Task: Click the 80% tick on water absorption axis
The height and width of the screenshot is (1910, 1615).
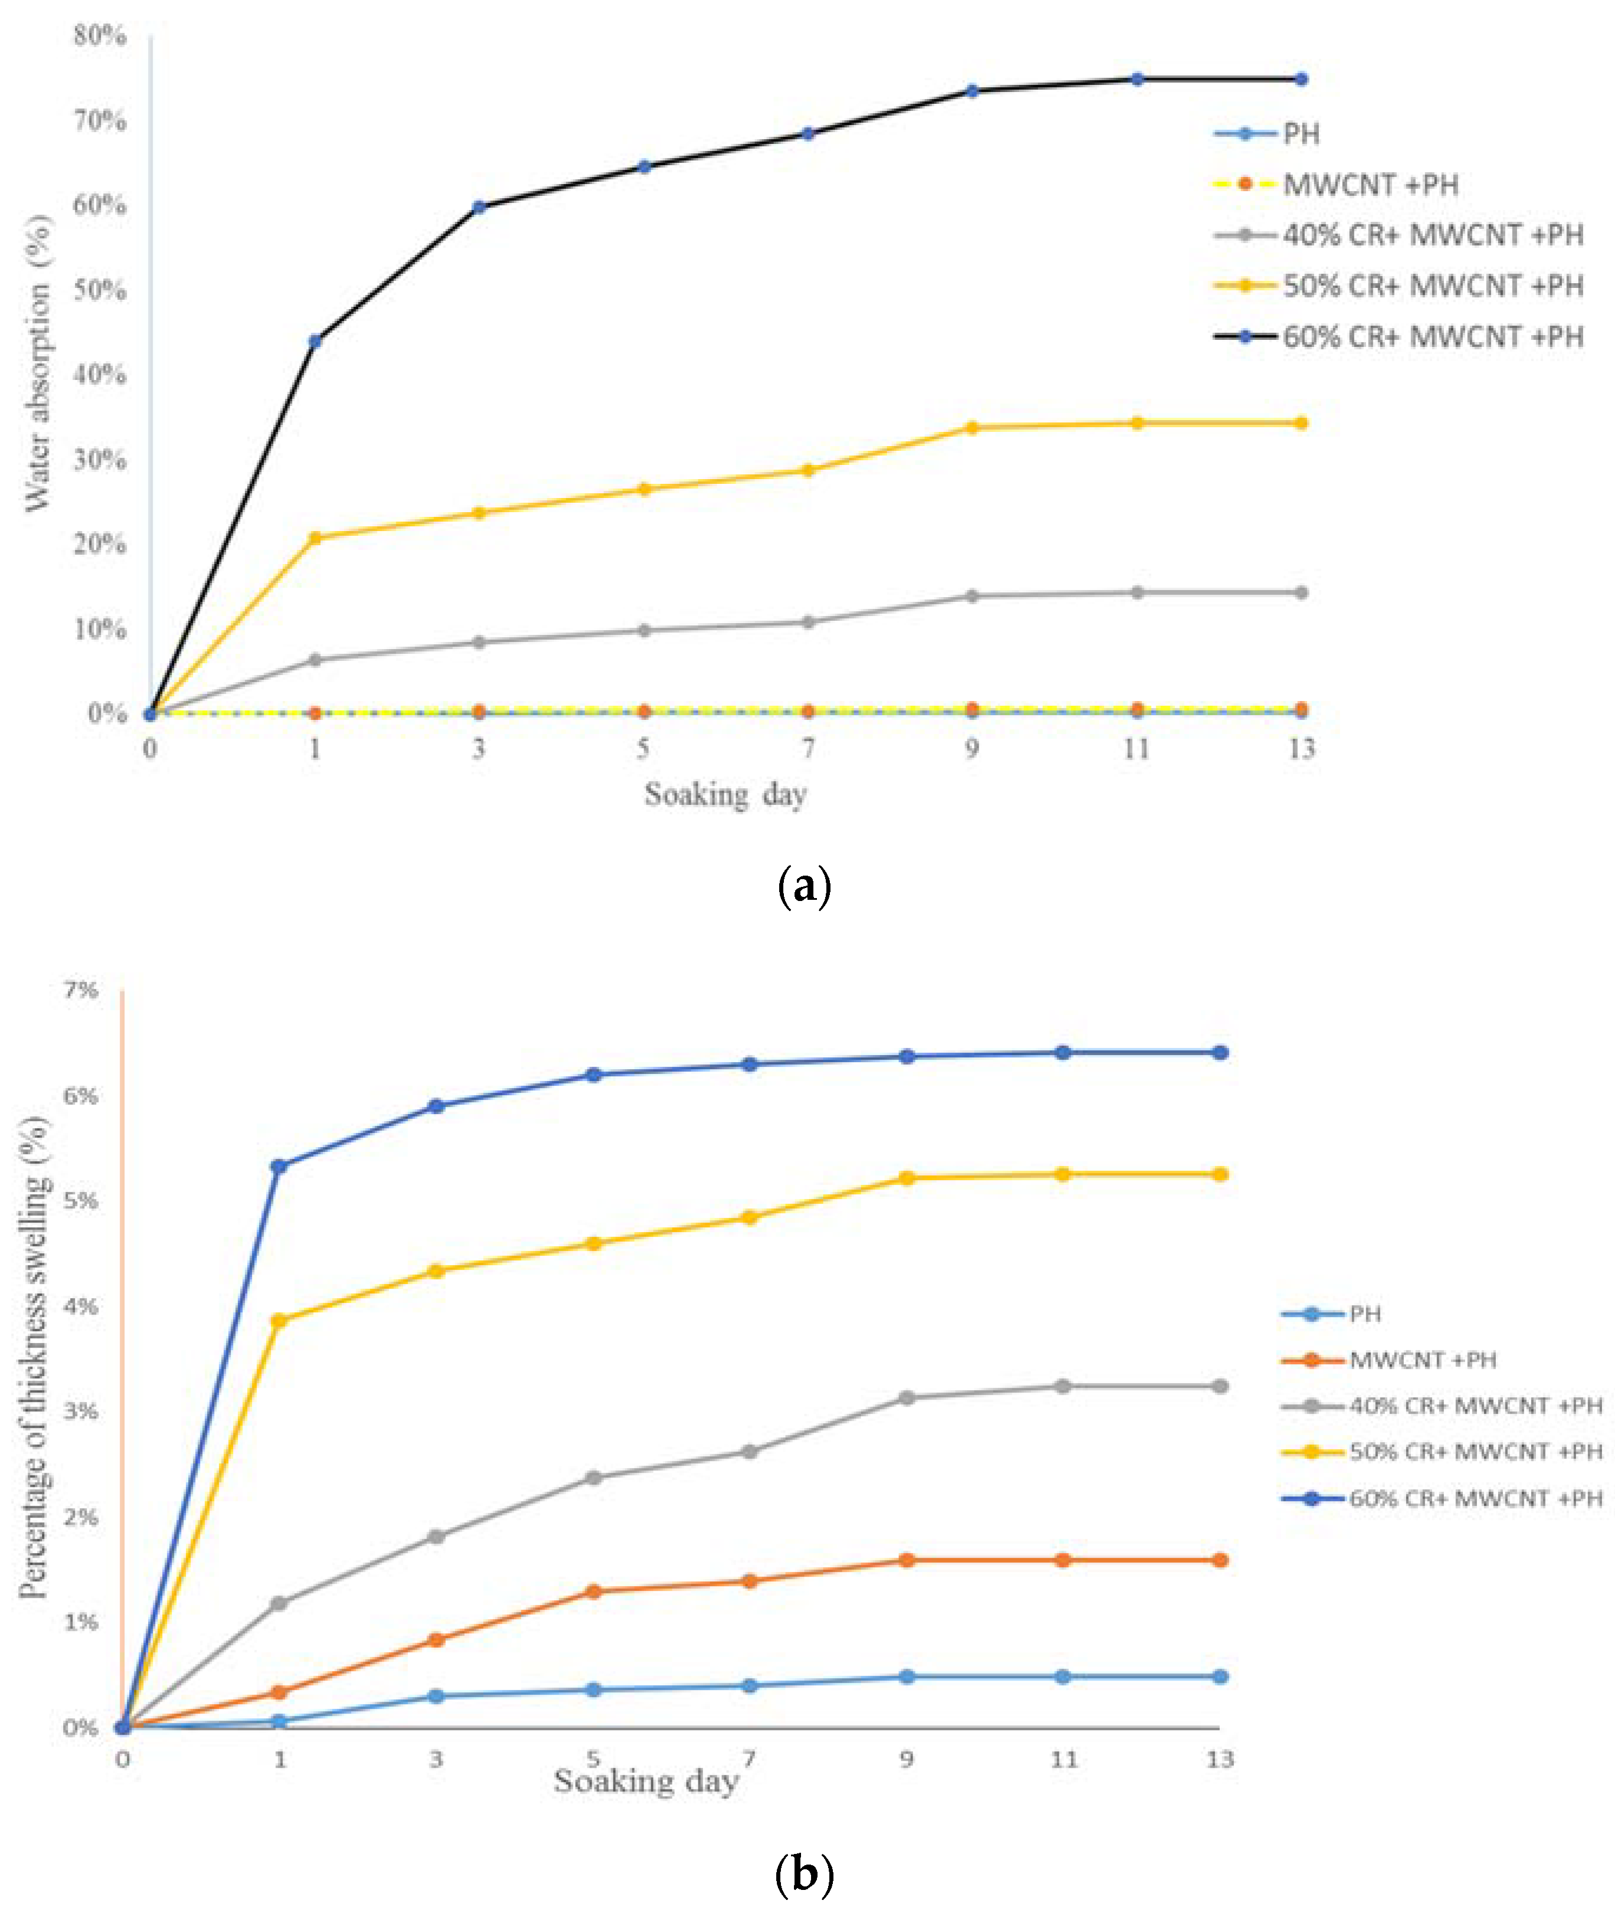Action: coord(100,36)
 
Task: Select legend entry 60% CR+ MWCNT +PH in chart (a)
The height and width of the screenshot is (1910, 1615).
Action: coord(1432,337)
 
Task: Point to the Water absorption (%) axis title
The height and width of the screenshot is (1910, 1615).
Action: coord(38,363)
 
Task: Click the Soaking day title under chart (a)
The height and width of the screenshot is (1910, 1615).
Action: coord(725,795)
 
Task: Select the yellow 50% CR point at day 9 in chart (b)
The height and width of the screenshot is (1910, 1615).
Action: coord(907,1178)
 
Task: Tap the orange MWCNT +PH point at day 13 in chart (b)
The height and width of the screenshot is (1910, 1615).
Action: coord(1219,1560)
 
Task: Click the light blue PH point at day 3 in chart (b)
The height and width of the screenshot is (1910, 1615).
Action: coord(436,1696)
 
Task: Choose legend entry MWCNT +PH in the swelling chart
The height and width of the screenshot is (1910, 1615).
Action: coord(1422,1359)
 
